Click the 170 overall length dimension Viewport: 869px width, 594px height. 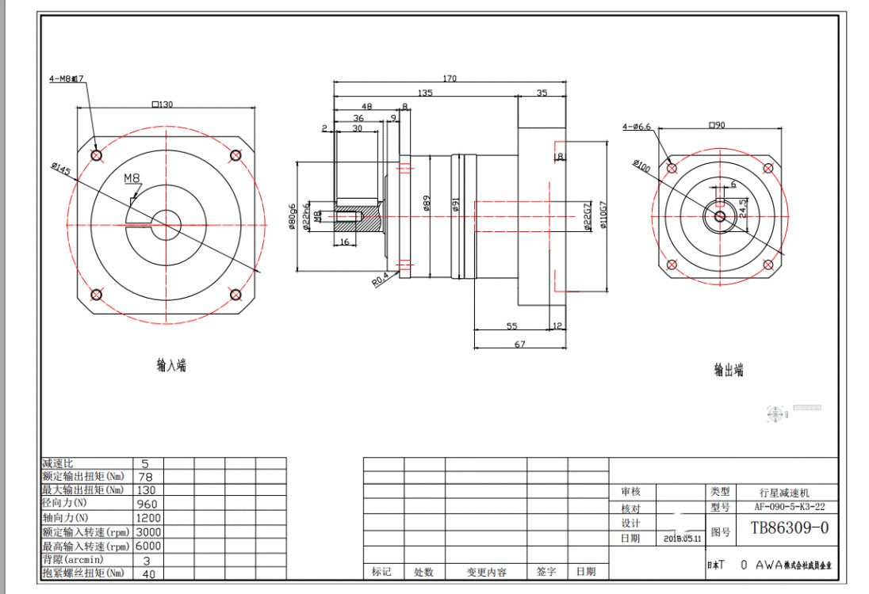(450, 78)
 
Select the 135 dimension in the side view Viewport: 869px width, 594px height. (425, 93)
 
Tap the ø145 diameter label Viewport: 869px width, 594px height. (60, 169)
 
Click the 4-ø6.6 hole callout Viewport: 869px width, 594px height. (637, 126)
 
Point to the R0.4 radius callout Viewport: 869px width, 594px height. (380, 280)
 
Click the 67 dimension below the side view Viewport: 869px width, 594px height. (520, 344)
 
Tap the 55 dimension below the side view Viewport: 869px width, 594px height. (511, 326)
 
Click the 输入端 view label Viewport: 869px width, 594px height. (171, 365)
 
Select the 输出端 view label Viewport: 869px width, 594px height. (728, 370)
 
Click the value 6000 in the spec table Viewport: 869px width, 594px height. (148, 546)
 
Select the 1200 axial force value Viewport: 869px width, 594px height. (148, 517)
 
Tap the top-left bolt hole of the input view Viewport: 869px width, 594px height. (96, 156)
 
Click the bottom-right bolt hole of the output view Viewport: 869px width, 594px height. (766, 265)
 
